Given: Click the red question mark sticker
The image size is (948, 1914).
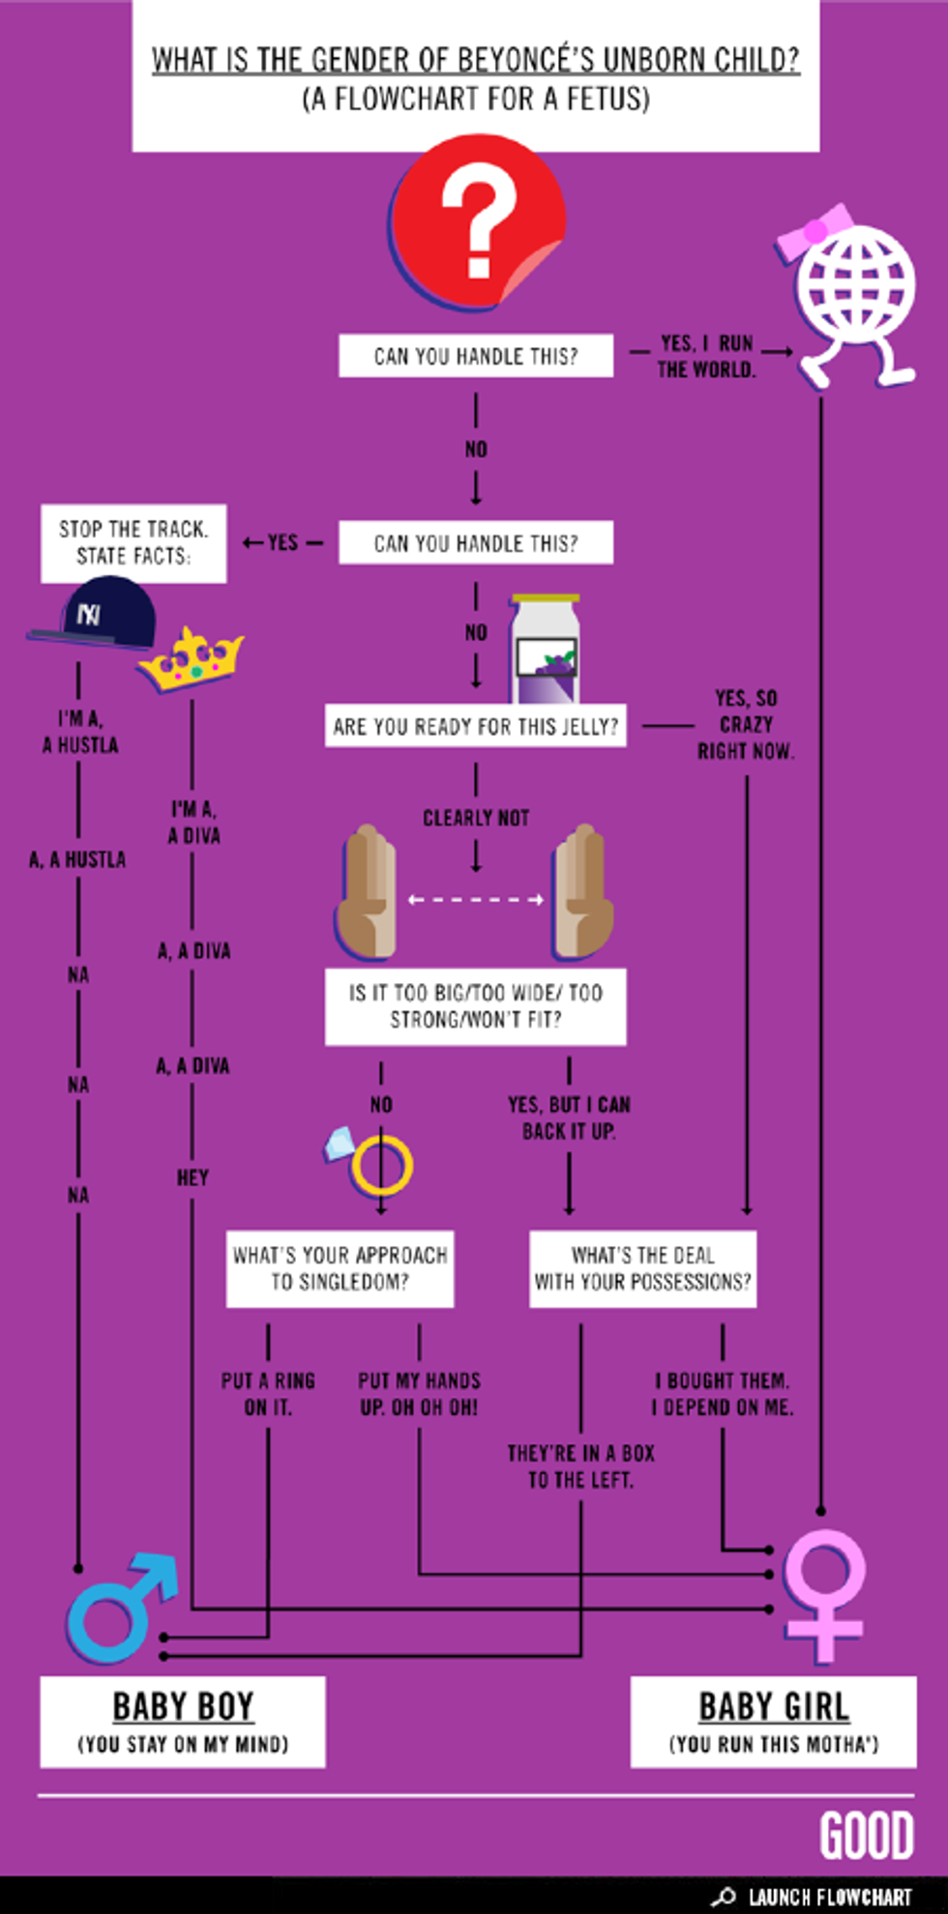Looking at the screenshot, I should click(x=477, y=222).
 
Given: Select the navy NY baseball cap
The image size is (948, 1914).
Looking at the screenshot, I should click(x=97, y=615).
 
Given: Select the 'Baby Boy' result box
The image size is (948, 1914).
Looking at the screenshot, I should click(x=183, y=1722).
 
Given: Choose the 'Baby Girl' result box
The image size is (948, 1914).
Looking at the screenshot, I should click(x=773, y=1722).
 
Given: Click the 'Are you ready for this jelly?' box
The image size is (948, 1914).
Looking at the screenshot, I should click(x=475, y=727).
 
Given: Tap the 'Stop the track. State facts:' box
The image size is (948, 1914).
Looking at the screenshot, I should click(x=133, y=543).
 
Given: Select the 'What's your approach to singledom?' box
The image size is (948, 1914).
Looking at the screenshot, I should click(x=340, y=1268).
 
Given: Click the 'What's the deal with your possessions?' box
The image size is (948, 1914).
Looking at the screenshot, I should click(x=642, y=1268).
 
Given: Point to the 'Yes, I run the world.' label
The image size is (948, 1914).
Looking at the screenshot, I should click(x=706, y=357).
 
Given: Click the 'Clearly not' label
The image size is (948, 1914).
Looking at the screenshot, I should click(x=476, y=818).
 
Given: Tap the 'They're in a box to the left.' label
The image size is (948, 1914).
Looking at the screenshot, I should click(x=580, y=1466).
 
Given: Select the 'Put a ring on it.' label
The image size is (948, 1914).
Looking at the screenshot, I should click(x=268, y=1394).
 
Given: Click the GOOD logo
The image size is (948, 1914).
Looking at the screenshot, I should click(x=867, y=1836).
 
